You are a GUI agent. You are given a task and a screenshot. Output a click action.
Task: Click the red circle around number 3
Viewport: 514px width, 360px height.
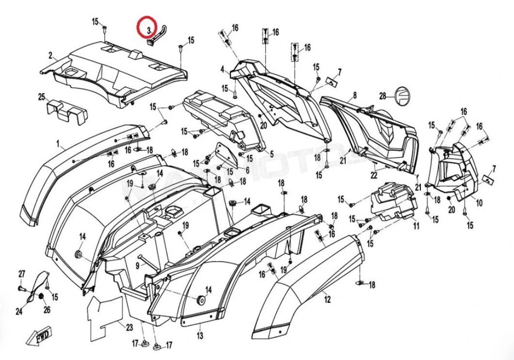[x=146, y=29]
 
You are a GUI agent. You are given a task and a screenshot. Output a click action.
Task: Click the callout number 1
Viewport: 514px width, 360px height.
[x=58, y=144]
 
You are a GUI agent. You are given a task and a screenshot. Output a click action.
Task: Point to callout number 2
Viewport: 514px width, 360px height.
[x=50, y=55]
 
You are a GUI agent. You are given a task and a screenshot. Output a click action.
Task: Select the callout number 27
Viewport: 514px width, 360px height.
[x=21, y=274]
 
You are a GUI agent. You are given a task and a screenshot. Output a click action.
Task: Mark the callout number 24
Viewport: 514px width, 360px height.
[x=19, y=311]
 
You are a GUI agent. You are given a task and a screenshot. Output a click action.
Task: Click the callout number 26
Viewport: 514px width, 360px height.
[x=47, y=310]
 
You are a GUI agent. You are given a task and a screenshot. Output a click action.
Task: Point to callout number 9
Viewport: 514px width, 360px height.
[x=138, y=265]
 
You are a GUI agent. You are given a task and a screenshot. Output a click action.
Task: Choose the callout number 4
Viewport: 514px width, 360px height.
[x=222, y=69]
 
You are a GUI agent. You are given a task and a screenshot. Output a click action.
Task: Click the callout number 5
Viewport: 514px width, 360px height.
[x=272, y=154]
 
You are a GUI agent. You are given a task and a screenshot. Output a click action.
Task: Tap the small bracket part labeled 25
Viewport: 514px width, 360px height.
[x=66, y=111]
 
